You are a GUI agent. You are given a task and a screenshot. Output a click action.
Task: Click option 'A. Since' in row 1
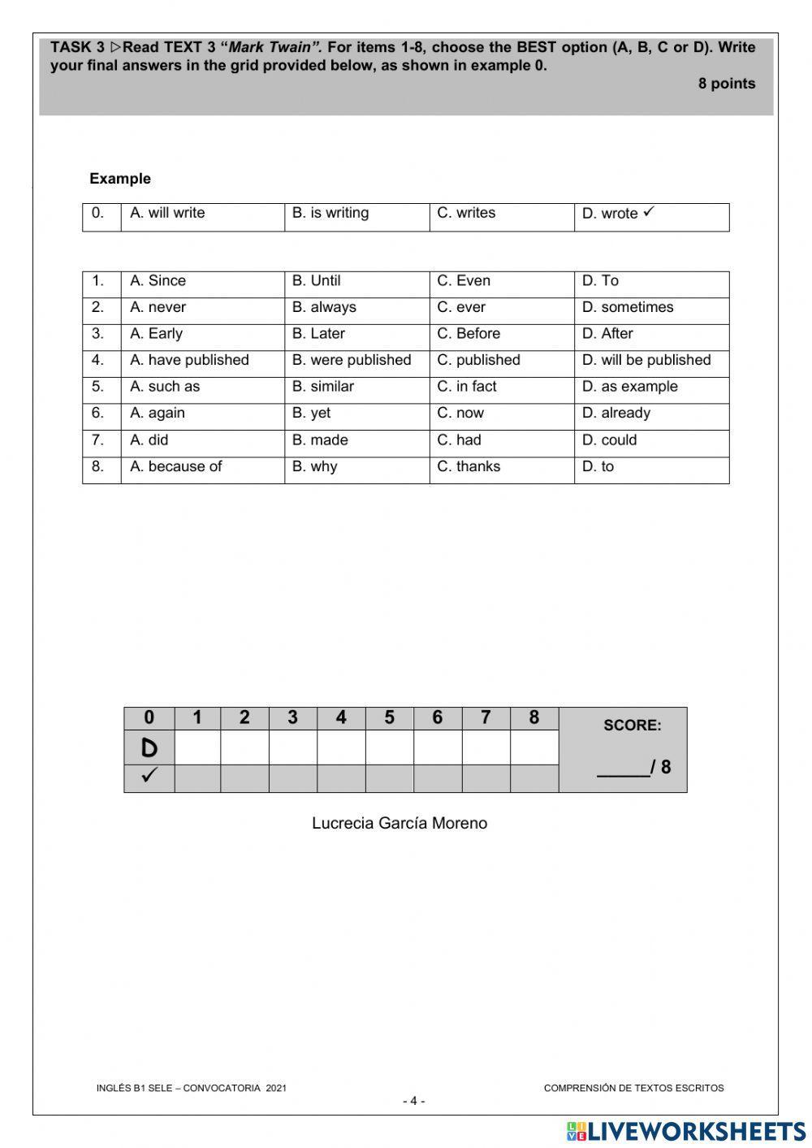pyautogui.click(x=158, y=281)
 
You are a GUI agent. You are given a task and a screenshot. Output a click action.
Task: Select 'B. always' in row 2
pyautogui.click(x=324, y=307)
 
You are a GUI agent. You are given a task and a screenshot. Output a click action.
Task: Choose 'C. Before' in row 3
pyautogui.click(x=469, y=334)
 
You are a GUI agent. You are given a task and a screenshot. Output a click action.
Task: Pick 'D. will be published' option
pyautogui.click(x=646, y=360)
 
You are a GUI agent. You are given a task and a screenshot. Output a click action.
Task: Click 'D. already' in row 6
pyautogui.click(x=616, y=413)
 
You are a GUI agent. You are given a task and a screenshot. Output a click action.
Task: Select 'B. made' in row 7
pyautogui.click(x=320, y=440)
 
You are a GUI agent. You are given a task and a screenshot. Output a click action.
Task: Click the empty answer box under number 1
pyautogui.click(x=197, y=747)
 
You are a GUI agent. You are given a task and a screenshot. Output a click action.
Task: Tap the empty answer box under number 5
pyautogui.click(x=390, y=747)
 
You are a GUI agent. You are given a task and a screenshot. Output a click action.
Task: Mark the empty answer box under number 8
pyautogui.click(x=534, y=747)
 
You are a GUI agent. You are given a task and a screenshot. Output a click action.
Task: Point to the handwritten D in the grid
pyautogui.click(x=149, y=747)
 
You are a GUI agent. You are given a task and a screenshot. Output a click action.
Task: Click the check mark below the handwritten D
pyautogui.click(x=149, y=776)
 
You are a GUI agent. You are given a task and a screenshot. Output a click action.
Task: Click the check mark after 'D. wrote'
pyautogui.click(x=648, y=212)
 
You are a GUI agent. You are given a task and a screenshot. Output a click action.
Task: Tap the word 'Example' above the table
pyautogui.click(x=120, y=179)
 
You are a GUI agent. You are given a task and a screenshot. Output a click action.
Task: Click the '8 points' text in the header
pyautogui.click(x=726, y=84)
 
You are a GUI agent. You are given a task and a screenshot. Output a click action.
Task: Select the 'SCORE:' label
pyautogui.click(x=632, y=726)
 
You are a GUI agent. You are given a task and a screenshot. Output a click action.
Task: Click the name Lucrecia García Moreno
pyautogui.click(x=400, y=823)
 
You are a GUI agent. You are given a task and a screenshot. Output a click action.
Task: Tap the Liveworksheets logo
pyautogui.click(x=686, y=1131)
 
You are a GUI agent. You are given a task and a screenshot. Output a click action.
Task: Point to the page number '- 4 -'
pyautogui.click(x=413, y=1102)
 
